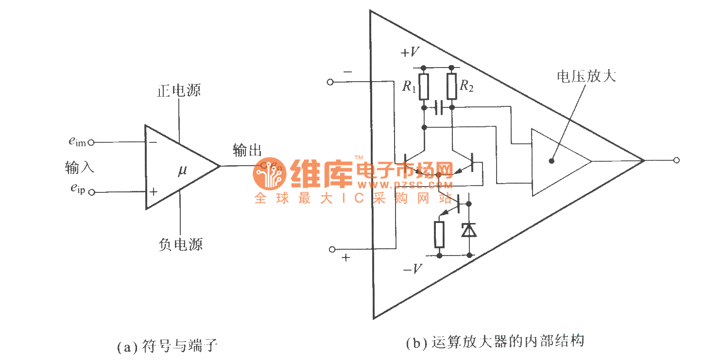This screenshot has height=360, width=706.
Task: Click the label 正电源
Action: [x=179, y=91]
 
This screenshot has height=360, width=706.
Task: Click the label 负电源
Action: [x=180, y=243]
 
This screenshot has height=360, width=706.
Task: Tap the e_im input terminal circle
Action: [x=90, y=143]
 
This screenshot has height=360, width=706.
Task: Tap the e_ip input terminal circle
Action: [x=91, y=192]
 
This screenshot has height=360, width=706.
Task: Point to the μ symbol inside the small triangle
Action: [x=182, y=171]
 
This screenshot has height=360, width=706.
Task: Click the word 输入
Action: [x=79, y=168]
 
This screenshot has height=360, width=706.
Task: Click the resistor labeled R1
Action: [x=424, y=86]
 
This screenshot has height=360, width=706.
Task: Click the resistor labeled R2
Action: [x=452, y=86]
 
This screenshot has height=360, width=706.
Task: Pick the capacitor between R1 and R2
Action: [x=438, y=107]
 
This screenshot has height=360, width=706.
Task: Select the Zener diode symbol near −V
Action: [x=469, y=229]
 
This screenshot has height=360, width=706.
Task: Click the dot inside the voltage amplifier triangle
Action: [x=552, y=161]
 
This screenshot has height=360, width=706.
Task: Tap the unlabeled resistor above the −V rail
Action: [x=439, y=234]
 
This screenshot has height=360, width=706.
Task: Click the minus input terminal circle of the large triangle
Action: [x=330, y=82]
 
